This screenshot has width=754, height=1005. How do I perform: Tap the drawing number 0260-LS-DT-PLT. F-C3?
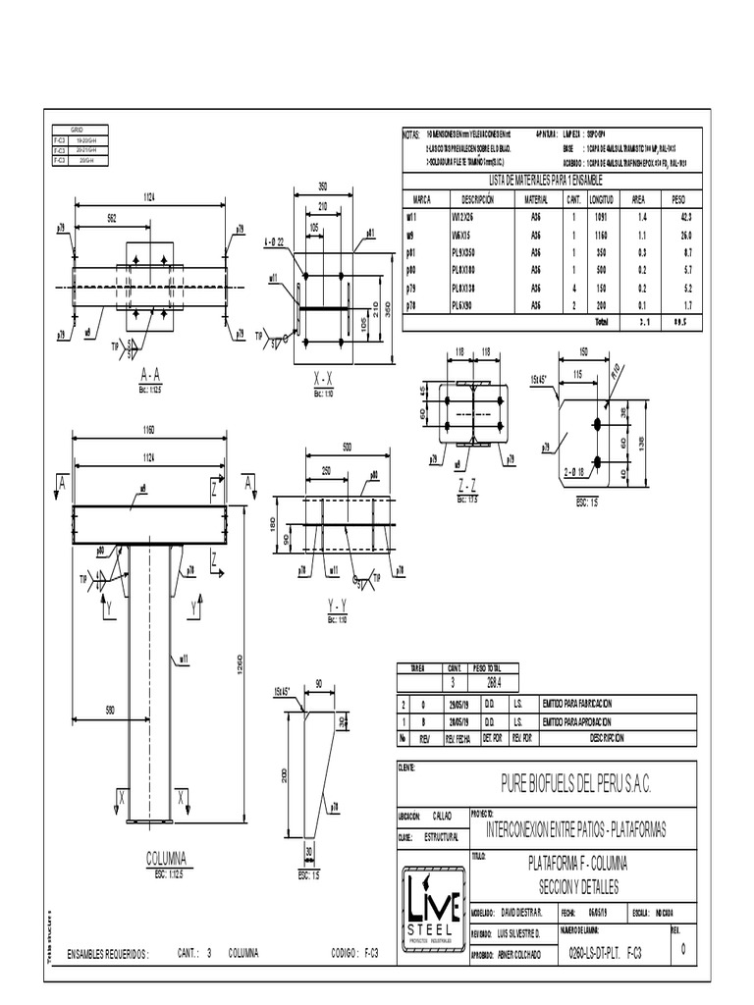pos(606,953)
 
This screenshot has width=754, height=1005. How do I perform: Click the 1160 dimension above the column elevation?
pos(149,432)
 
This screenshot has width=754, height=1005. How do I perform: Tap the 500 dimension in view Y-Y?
pos(346,448)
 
